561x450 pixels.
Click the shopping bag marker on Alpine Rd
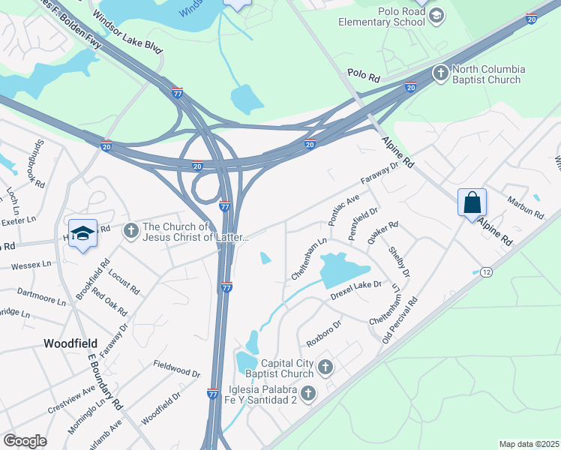[472, 203]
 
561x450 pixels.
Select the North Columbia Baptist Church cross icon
[441, 74]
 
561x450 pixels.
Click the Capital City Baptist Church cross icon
[325, 367]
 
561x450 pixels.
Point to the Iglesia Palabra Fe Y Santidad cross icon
[308, 393]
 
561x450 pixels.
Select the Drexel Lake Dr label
[356, 290]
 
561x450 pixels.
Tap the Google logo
[25, 441]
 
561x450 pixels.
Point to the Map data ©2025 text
[528, 444]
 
